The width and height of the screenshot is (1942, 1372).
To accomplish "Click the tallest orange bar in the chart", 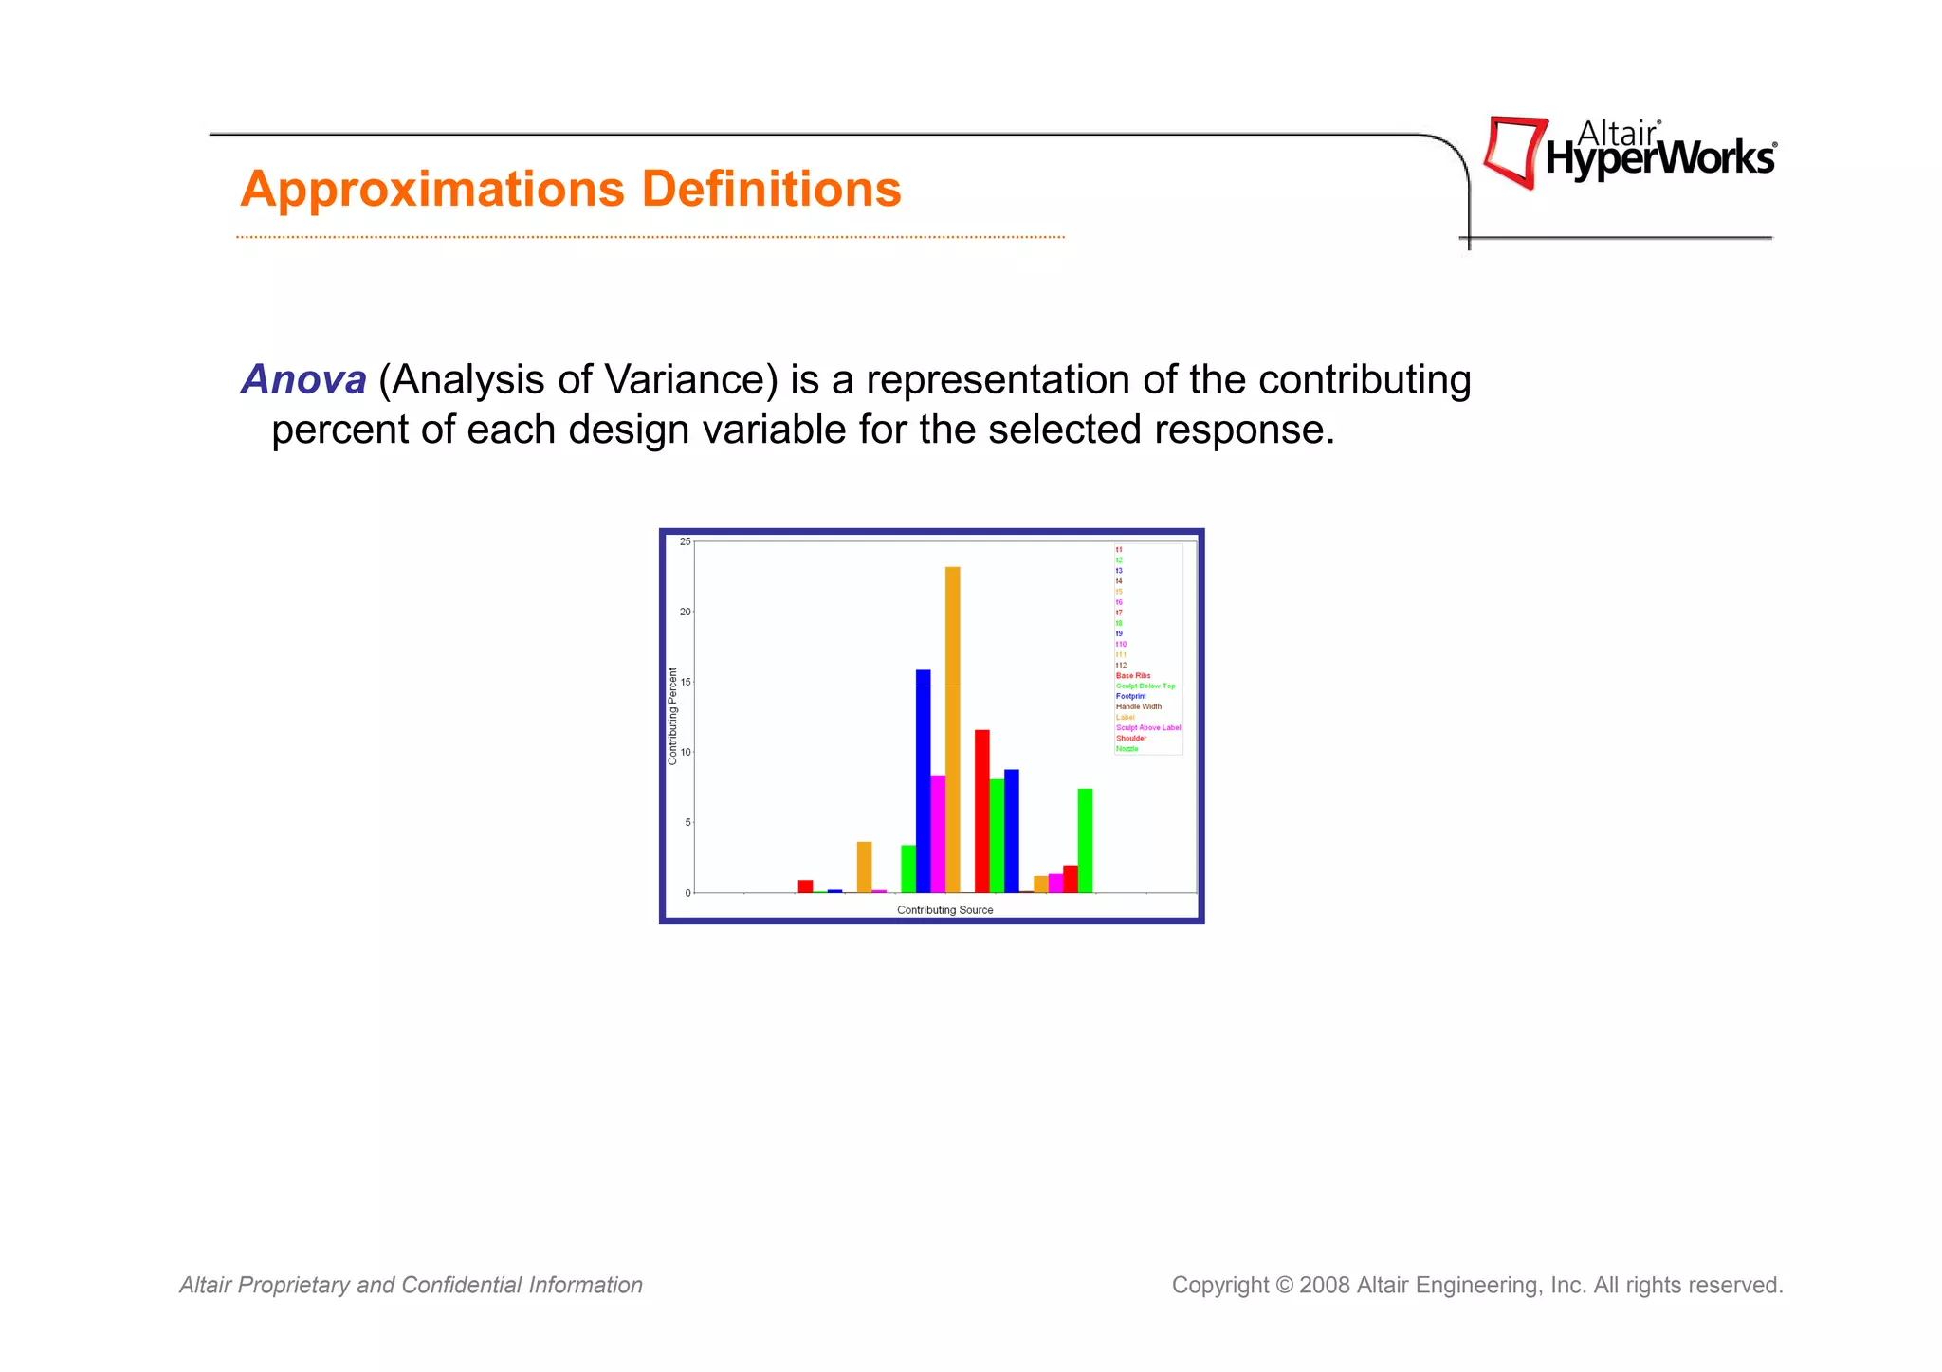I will click(x=952, y=730).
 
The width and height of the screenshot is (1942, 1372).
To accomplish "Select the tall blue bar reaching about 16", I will click(x=923, y=781).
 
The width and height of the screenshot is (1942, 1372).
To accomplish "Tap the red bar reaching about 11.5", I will click(x=981, y=812).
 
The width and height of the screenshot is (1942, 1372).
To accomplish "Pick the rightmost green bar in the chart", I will click(x=1085, y=841).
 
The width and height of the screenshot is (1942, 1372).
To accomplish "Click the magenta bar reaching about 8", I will click(x=938, y=834).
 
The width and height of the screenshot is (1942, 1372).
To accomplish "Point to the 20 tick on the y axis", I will click(x=686, y=613).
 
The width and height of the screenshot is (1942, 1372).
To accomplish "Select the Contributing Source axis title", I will click(x=944, y=910).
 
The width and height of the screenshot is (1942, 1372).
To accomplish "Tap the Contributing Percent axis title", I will click(x=673, y=717).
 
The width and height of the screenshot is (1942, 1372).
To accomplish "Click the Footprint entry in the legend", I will click(x=1130, y=697).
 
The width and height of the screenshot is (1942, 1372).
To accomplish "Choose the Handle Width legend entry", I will click(x=1138, y=707).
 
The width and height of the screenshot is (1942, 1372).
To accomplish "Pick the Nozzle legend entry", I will click(x=1127, y=749).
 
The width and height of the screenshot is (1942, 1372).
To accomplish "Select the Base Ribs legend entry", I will click(x=1132, y=676).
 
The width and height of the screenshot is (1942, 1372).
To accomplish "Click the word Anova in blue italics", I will click(x=303, y=380).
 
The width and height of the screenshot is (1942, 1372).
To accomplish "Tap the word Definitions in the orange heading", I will click(x=771, y=189).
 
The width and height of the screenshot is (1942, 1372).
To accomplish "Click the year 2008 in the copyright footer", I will click(x=1324, y=1286).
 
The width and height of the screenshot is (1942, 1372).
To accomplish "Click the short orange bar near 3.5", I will click(x=864, y=868).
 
